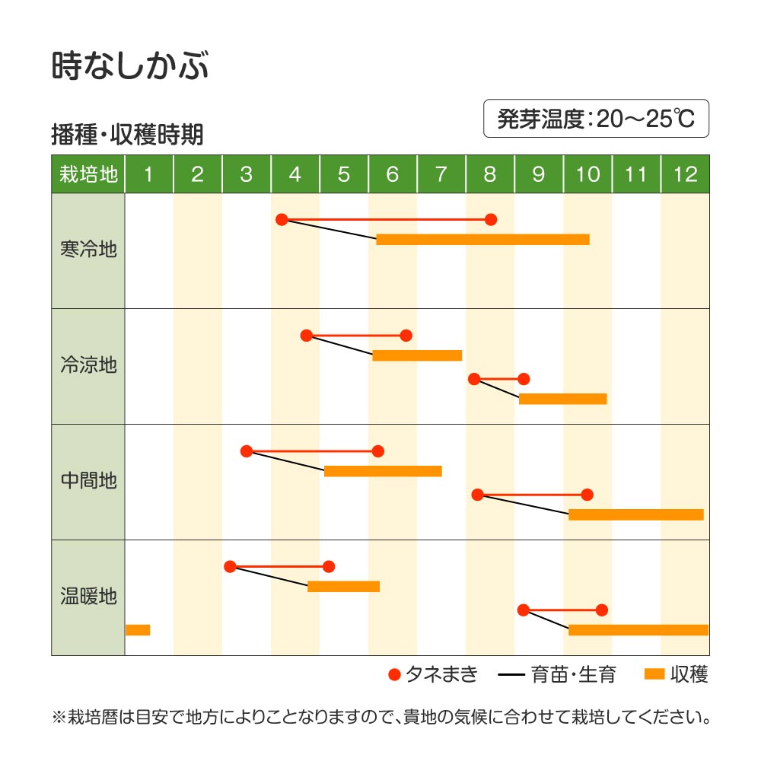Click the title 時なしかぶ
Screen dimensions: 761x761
pyautogui.click(x=130, y=66)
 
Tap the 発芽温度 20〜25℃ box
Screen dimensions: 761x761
pyautogui.click(x=596, y=119)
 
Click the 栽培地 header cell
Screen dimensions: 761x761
pyautogui.click(x=88, y=174)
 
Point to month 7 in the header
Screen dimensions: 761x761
pyautogui.click(x=441, y=174)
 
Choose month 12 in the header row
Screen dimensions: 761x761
pyautogui.click(x=685, y=174)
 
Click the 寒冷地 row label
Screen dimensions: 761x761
pyautogui.click(x=88, y=250)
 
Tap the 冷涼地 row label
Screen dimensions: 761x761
pyautogui.click(x=88, y=365)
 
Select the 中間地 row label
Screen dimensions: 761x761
pyautogui.click(x=88, y=481)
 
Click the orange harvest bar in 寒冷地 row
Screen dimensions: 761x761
pyautogui.click(x=482, y=240)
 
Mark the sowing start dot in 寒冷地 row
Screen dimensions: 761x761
pyautogui.click(x=282, y=220)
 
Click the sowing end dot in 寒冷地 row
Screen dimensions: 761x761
pyautogui.click(x=491, y=220)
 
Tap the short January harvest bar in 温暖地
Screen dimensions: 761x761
pyautogui.click(x=138, y=630)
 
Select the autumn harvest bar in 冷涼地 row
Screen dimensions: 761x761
pyautogui.click(x=562, y=399)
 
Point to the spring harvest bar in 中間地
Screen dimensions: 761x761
pyautogui.click(x=383, y=471)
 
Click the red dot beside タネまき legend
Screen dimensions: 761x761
pyautogui.click(x=393, y=674)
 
